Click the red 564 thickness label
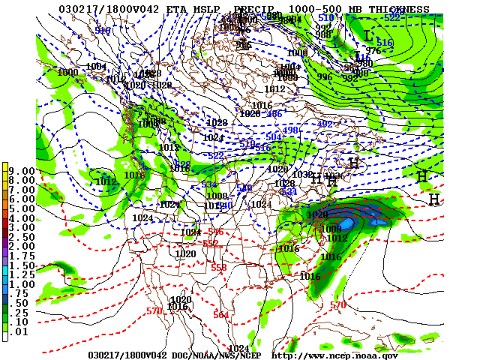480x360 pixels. (x=220, y=315)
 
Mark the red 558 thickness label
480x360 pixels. (x=218, y=267)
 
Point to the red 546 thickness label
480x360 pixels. (x=215, y=232)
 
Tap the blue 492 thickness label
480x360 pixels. (x=325, y=124)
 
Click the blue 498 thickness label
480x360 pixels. (x=291, y=130)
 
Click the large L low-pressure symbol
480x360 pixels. (x=367, y=35)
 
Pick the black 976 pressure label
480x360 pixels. (x=373, y=51)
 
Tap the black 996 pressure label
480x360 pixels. (x=324, y=77)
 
